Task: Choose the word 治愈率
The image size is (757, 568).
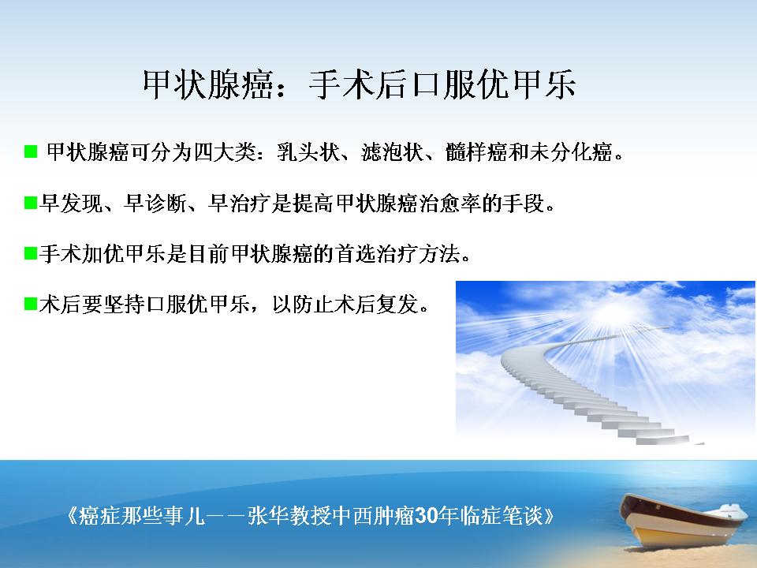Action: tap(450, 204)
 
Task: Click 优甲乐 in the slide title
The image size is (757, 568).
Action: tap(527, 84)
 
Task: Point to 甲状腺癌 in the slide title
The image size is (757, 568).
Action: tap(208, 84)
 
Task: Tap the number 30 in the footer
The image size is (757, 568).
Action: tap(427, 516)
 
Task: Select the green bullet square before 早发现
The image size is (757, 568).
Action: tap(31, 203)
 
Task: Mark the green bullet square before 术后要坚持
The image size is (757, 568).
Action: tap(31, 304)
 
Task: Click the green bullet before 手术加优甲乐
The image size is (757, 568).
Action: tap(31, 253)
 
